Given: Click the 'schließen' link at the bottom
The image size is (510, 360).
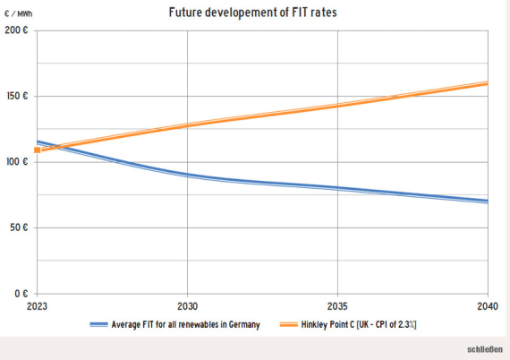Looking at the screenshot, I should tap(484, 348).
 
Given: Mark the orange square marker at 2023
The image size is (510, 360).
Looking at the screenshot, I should tap(38, 150).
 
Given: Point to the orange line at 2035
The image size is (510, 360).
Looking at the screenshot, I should tap(337, 105).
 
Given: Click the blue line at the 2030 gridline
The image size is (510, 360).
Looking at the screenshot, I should tap(187, 175).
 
